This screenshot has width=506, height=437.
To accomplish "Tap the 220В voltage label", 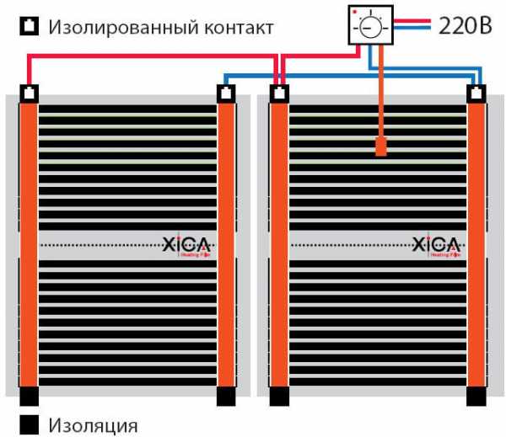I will click(x=465, y=25).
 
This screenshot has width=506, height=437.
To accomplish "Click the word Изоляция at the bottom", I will click(x=93, y=424).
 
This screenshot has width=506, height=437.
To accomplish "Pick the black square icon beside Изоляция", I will click(x=30, y=424).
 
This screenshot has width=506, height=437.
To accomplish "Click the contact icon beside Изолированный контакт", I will click(x=30, y=26).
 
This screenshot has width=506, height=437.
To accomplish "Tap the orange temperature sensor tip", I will click(x=381, y=149).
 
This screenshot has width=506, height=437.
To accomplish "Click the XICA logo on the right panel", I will click(x=437, y=245).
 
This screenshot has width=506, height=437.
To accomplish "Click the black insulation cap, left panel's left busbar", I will click(x=29, y=395).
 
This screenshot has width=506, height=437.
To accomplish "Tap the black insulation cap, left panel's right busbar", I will click(x=225, y=395).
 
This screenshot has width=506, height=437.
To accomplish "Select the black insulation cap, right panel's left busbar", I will click(x=278, y=395).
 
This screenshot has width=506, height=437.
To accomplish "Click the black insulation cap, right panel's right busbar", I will click(x=476, y=395).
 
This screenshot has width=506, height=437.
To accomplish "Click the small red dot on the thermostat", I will click(x=356, y=13).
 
